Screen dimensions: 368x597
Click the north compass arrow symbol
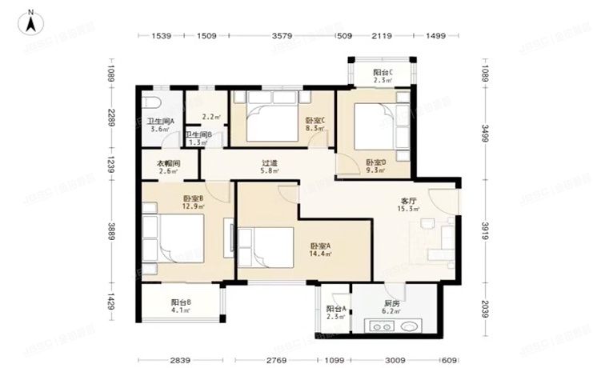tap(30, 22)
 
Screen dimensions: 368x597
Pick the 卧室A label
tap(320, 246)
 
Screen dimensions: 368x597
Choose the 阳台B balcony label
tap(181, 302)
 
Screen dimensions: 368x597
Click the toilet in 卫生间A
tap(153, 103)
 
